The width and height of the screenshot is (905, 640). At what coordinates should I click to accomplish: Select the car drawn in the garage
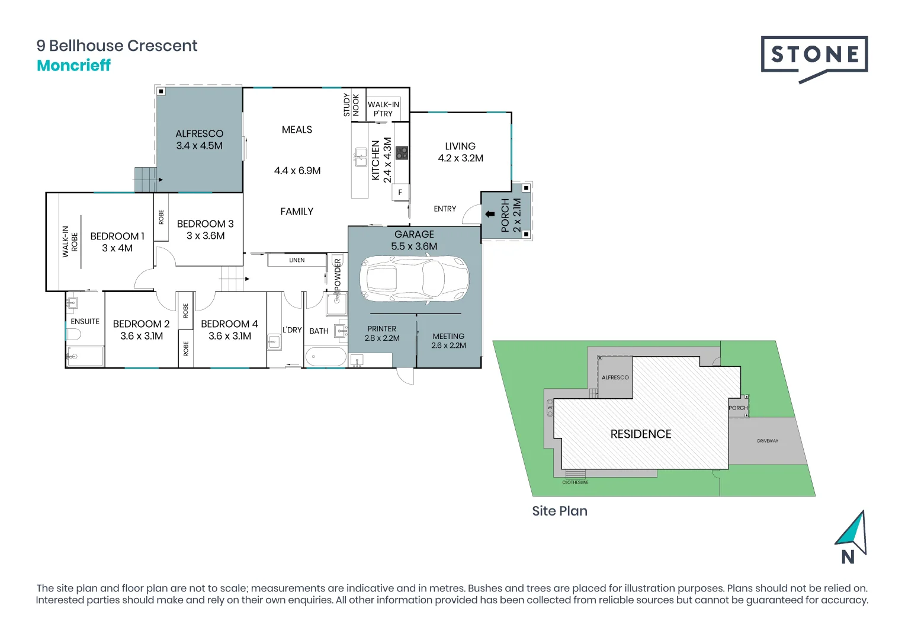[415, 278]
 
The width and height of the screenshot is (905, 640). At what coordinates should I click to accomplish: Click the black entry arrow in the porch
[490, 214]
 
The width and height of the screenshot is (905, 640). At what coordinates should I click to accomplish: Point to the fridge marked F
[400, 192]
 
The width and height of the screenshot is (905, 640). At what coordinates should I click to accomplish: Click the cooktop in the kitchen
[402, 153]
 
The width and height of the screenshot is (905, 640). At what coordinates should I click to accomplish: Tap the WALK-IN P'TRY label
[383, 109]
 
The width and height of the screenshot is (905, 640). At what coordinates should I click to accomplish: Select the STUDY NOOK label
[351, 105]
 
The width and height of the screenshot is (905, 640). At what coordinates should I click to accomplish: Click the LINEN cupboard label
[297, 260]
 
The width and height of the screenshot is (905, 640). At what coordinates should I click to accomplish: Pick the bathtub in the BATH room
[326, 357]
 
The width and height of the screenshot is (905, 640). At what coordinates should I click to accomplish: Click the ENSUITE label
[85, 322]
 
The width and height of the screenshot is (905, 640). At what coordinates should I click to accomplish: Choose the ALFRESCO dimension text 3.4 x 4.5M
[199, 146]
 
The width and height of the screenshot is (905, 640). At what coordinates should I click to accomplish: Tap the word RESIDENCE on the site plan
[641, 434]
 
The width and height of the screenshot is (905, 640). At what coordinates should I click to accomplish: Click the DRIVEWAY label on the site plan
[768, 441]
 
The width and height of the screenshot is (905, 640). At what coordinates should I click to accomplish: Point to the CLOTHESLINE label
[575, 482]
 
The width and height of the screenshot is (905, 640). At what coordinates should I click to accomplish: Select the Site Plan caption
[560, 511]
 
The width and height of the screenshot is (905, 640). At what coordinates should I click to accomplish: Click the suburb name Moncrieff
[73, 65]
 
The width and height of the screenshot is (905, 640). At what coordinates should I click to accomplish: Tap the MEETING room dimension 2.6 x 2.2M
[448, 345]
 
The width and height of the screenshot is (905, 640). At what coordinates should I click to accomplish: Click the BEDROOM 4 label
[229, 324]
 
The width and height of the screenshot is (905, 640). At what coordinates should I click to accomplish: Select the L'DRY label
[292, 330]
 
